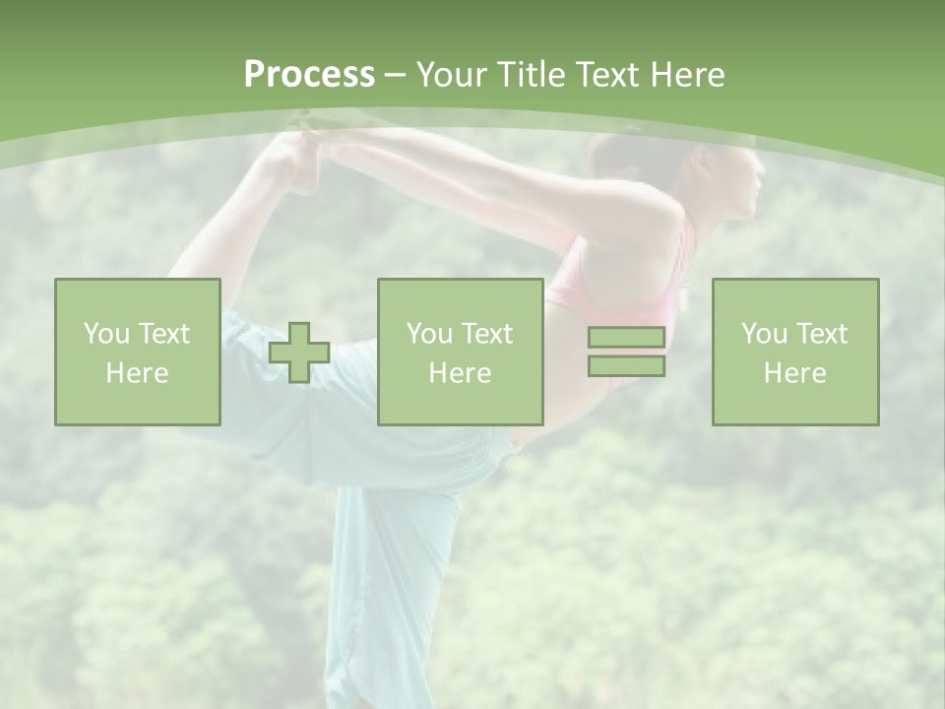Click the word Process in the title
(x=309, y=75)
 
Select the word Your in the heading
(x=451, y=75)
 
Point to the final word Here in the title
(x=687, y=75)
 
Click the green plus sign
(x=299, y=353)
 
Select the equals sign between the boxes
(x=626, y=352)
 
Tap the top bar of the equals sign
(x=626, y=338)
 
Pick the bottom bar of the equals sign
(x=626, y=365)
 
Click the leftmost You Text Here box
(x=138, y=353)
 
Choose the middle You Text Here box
(x=461, y=353)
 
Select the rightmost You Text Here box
(x=795, y=353)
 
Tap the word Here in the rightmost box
(x=795, y=373)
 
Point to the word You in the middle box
(x=429, y=334)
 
